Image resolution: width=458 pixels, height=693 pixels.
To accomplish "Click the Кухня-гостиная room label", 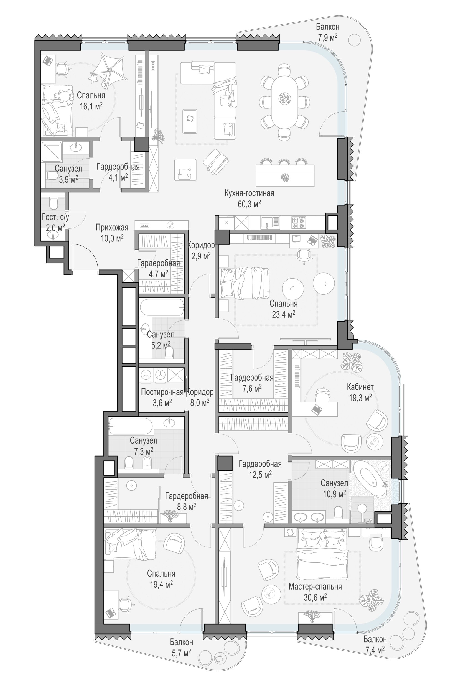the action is pyautogui.click(x=249, y=193).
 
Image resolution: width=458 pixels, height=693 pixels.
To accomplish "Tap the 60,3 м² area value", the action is pyautogui.click(x=249, y=204).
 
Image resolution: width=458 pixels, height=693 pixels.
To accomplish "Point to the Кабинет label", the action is pyautogui.click(x=360, y=387).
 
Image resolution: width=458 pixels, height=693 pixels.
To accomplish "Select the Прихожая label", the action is pyautogui.click(x=112, y=228).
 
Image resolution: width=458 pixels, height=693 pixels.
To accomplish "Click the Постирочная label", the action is pyautogui.click(x=162, y=392).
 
